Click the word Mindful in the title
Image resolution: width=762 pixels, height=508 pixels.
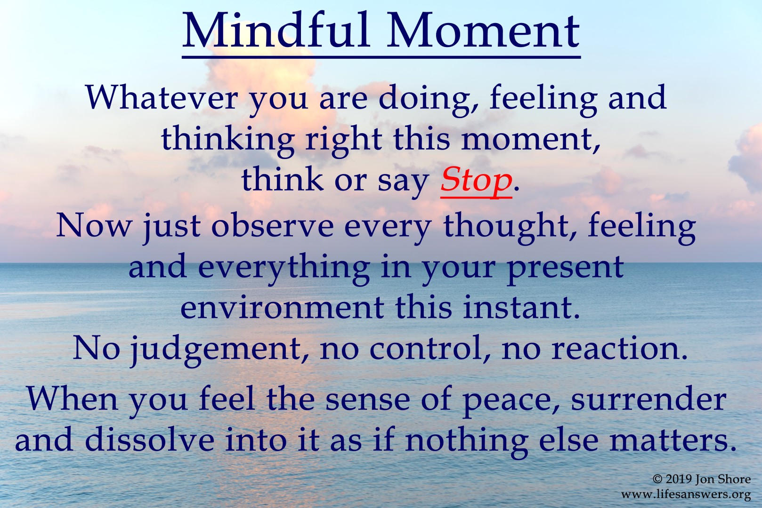coord(276,31)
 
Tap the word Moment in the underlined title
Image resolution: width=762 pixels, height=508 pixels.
coord(483,31)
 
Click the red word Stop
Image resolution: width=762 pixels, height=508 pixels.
coord(476,180)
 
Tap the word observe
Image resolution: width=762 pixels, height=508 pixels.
coord(273,226)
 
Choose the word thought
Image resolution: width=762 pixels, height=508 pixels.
coord(507,228)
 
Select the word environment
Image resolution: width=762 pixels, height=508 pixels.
coord(282,308)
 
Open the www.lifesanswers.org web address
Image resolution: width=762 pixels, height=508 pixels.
coord(686,495)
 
